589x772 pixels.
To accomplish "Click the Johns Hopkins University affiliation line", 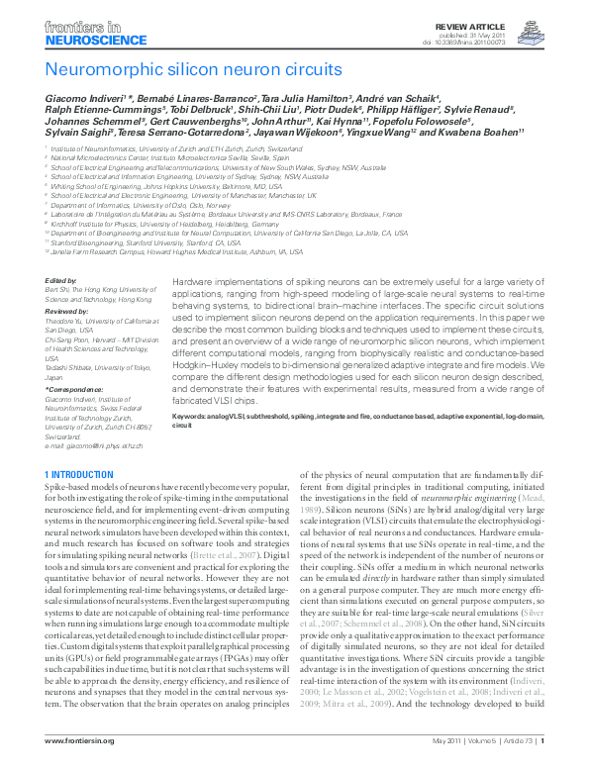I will click(x=168, y=185).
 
